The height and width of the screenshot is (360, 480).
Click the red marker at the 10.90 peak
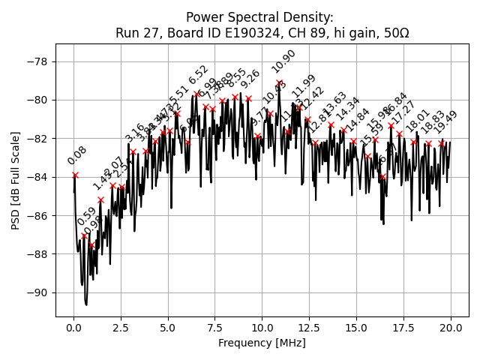[279, 83]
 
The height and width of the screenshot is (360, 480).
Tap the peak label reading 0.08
[76, 155]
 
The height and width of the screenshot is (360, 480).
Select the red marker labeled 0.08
[75, 175]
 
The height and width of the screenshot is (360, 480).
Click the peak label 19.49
[446, 121]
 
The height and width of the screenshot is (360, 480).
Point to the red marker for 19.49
[441, 143]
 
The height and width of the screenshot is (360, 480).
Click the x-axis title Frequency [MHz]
[262, 343]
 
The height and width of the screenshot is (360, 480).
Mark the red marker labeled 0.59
[84, 235]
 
